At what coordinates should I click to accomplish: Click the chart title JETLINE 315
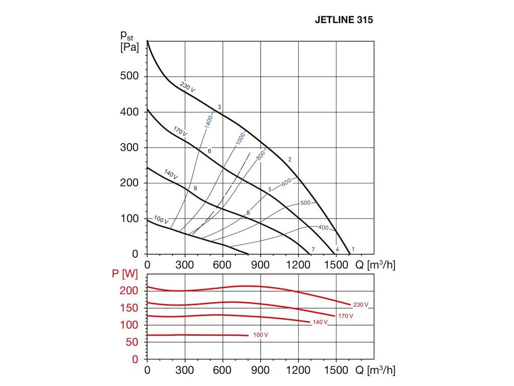(x=344, y=21)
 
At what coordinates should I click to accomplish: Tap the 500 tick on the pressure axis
(x=129, y=76)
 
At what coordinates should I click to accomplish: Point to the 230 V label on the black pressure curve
(x=187, y=86)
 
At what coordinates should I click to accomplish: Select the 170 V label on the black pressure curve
(x=180, y=132)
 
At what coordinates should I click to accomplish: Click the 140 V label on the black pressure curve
(x=171, y=175)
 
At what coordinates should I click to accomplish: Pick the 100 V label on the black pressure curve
(x=161, y=220)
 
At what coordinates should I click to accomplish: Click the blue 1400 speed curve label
(x=209, y=122)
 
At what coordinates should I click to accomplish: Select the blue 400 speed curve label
(x=323, y=228)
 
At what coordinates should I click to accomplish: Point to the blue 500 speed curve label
(x=305, y=203)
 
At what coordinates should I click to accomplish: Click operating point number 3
(x=219, y=107)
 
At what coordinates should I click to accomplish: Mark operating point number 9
(x=195, y=188)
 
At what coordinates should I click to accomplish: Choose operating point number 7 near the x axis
(x=313, y=249)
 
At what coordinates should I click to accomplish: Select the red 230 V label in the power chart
(x=360, y=305)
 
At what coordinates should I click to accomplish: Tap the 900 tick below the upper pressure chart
(x=261, y=264)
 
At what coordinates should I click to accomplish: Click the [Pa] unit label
(x=129, y=49)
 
